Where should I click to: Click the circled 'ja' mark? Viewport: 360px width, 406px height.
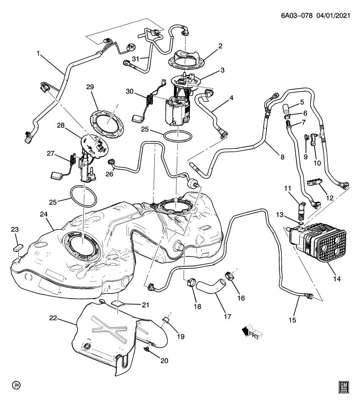point(16,385)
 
